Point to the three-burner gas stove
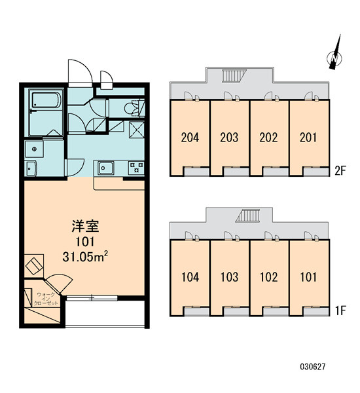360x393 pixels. click(136, 168)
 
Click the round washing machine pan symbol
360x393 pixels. click(34, 149)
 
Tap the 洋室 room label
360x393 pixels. click(86, 226)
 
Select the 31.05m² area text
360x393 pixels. click(85, 257)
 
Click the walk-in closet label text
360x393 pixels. click(46, 299)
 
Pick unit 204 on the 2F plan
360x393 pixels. click(190, 138)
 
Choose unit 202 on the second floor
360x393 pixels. click(268, 138)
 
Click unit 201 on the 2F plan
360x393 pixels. click(308, 138)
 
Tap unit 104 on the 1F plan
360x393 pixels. click(190, 277)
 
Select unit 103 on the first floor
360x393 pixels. click(229, 277)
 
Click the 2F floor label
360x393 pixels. click(340, 171)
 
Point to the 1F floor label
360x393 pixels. click(340, 310)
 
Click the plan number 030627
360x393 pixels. click(313, 367)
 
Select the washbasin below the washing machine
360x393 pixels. click(31, 168)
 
